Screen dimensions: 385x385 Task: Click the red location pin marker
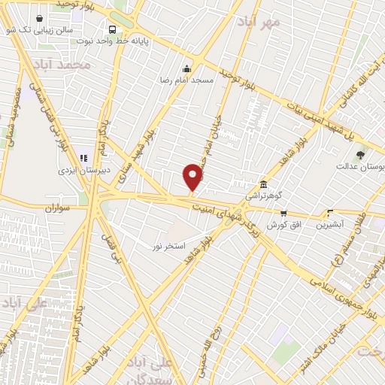pos(193,177)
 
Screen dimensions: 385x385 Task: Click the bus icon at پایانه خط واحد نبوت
pos(111,29)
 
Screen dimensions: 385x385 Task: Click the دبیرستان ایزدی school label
pos(84,170)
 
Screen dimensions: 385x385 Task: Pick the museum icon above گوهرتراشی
pos(262,184)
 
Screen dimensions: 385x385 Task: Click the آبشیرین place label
pos(329,224)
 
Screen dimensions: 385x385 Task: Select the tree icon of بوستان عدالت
pos(361,154)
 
